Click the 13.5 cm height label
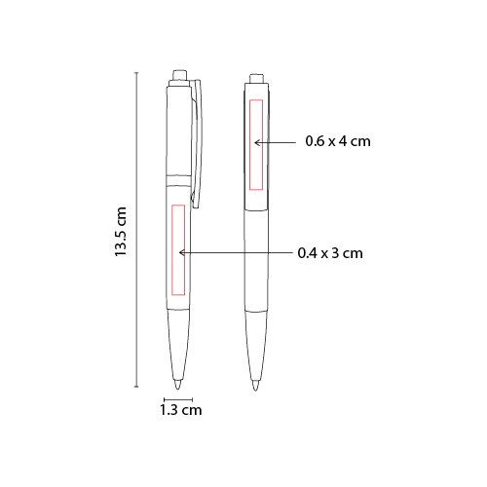click(121, 232)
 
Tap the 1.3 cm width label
click(181, 410)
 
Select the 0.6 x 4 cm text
click(338, 141)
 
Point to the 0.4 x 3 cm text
click(330, 253)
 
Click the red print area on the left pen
click(178, 250)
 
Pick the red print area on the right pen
click(256, 145)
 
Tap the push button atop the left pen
click(180, 75)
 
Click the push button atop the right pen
click(256, 79)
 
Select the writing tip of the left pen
click(178, 384)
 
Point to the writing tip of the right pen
click(256, 386)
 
